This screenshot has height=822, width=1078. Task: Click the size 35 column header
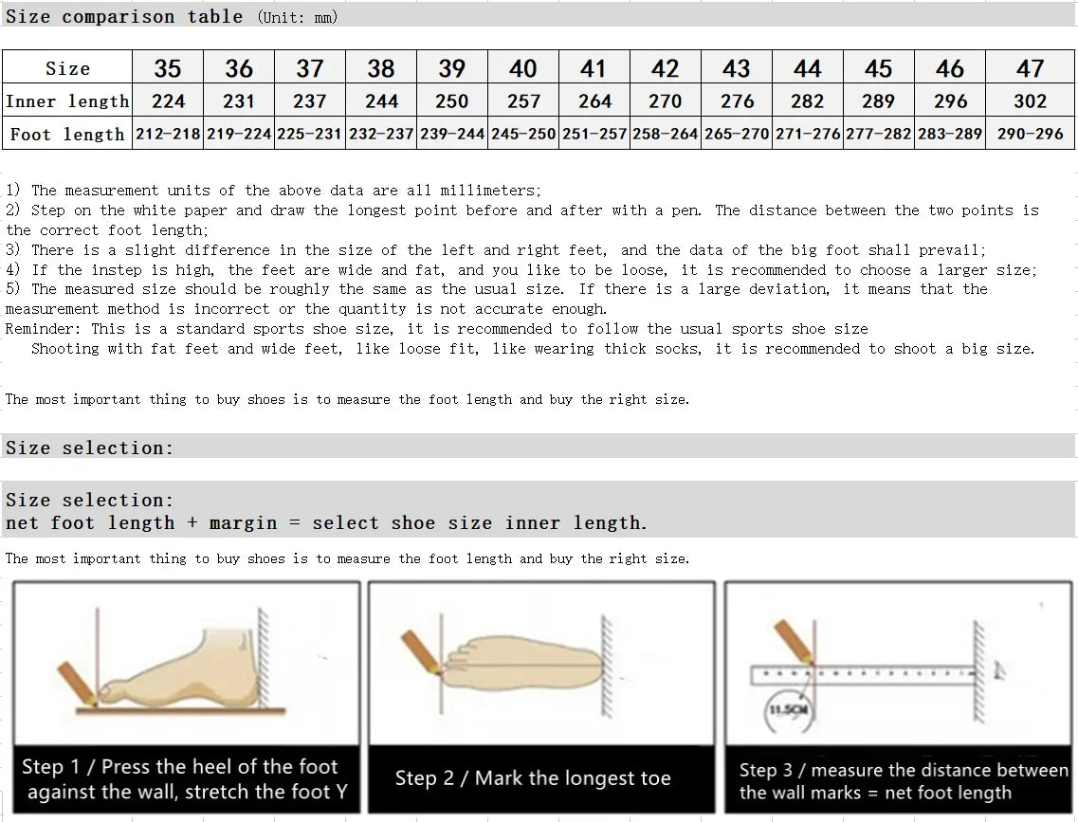click(168, 68)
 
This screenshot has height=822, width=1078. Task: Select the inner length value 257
click(523, 101)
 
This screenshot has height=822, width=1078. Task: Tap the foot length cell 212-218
click(168, 134)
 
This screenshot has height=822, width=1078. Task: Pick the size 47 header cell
click(1030, 68)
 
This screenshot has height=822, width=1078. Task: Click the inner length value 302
click(1030, 101)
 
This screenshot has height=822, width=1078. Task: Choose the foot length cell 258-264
click(666, 134)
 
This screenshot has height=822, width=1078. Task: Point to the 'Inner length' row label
click(67, 101)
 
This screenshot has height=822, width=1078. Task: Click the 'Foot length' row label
click(67, 134)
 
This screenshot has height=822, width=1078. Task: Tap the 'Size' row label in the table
click(67, 68)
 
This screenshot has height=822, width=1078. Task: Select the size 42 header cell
click(666, 68)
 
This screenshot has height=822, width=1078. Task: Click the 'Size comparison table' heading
click(124, 16)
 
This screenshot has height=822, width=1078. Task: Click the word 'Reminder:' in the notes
click(45, 329)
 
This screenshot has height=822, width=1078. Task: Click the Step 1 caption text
click(186, 778)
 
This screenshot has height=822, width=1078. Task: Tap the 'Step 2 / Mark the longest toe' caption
click(533, 778)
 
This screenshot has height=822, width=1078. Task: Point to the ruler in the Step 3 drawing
click(863, 674)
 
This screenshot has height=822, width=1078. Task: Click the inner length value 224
click(168, 101)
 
